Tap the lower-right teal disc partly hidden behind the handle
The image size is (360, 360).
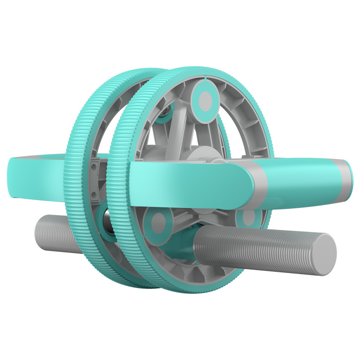click(249, 218)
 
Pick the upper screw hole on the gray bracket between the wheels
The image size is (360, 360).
click(95, 167)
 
